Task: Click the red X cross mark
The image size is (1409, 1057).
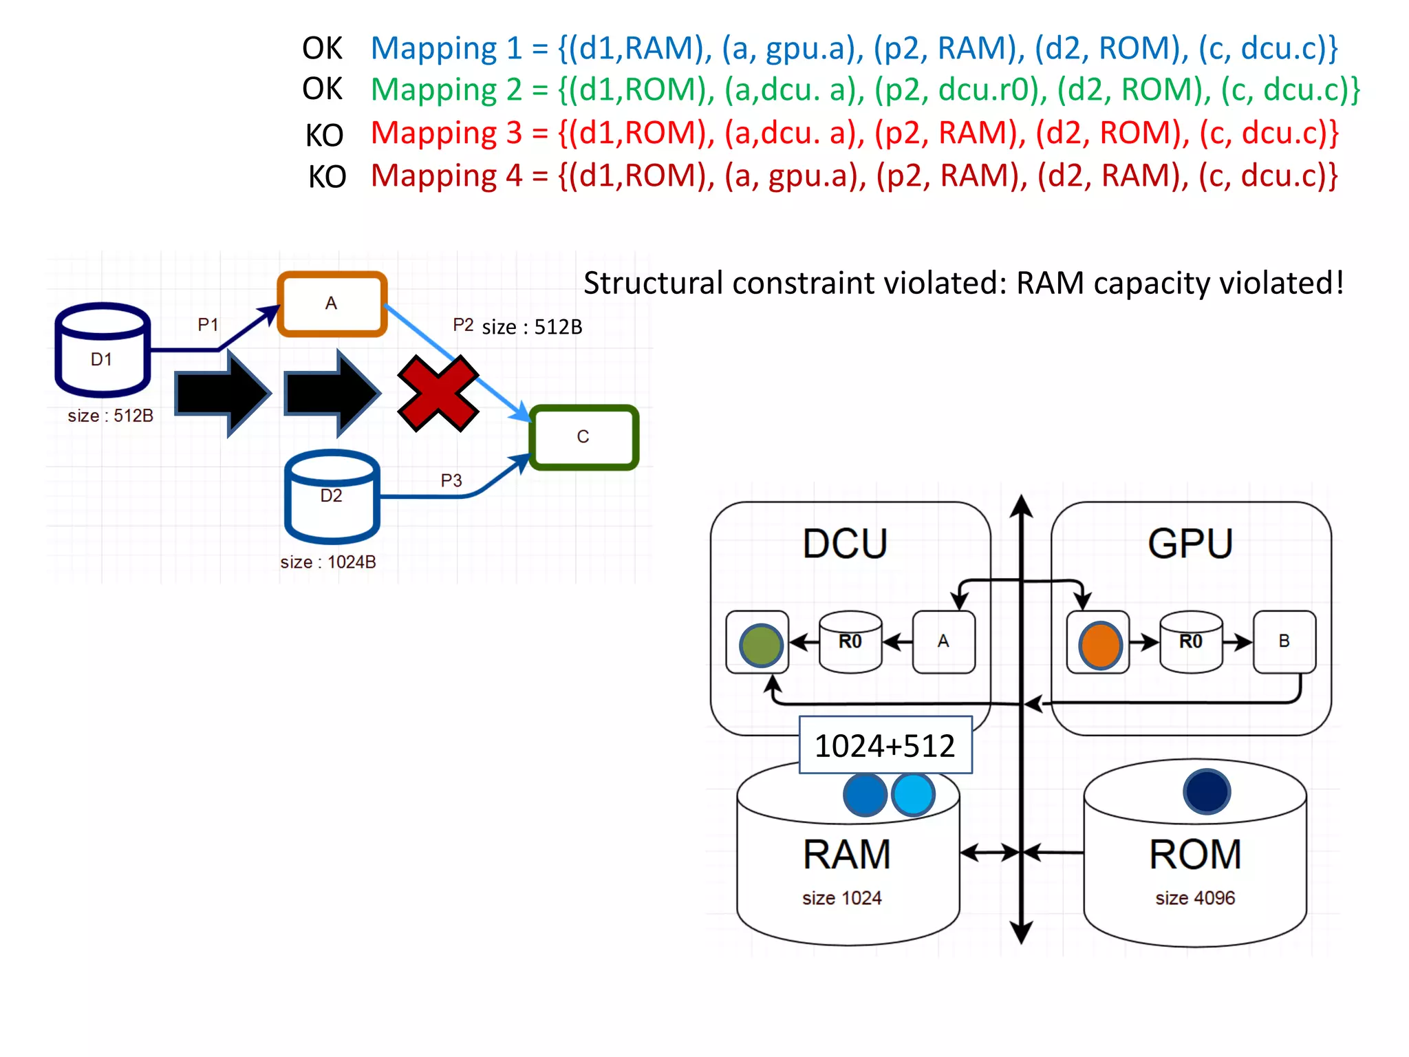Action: [438, 394]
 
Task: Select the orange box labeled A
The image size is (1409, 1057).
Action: [332, 304]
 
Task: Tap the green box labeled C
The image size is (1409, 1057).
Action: [583, 438]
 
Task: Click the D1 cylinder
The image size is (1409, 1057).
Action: [103, 351]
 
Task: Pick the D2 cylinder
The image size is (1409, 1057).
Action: [332, 497]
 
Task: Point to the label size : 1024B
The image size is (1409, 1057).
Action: [328, 562]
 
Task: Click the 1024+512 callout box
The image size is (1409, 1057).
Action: [885, 745]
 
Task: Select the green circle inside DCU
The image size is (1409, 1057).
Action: [760, 645]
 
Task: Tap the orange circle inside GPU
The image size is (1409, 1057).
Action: [1100, 645]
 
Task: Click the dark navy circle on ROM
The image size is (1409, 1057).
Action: [1207, 791]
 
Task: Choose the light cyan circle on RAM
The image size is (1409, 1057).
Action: [913, 795]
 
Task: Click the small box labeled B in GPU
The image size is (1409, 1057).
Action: [1284, 641]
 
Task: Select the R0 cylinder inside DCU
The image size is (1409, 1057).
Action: [850, 641]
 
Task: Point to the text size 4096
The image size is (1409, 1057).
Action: [1195, 898]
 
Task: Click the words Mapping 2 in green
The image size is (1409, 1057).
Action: [446, 90]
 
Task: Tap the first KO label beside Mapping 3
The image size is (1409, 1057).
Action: [324, 136]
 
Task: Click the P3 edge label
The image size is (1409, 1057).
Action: [451, 480]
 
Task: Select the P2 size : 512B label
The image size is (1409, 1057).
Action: [517, 326]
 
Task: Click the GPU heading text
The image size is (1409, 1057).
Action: [1190, 544]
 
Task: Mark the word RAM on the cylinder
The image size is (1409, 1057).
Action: [846, 855]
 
